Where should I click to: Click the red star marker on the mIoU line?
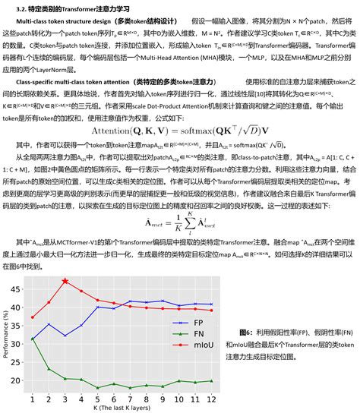[65, 281]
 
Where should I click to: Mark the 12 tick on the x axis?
[212, 398]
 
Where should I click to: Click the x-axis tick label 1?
[33, 398]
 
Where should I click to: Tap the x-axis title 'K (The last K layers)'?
[122, 408]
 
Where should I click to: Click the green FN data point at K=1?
[33, 339]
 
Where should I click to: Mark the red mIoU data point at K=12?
[212, 310]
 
